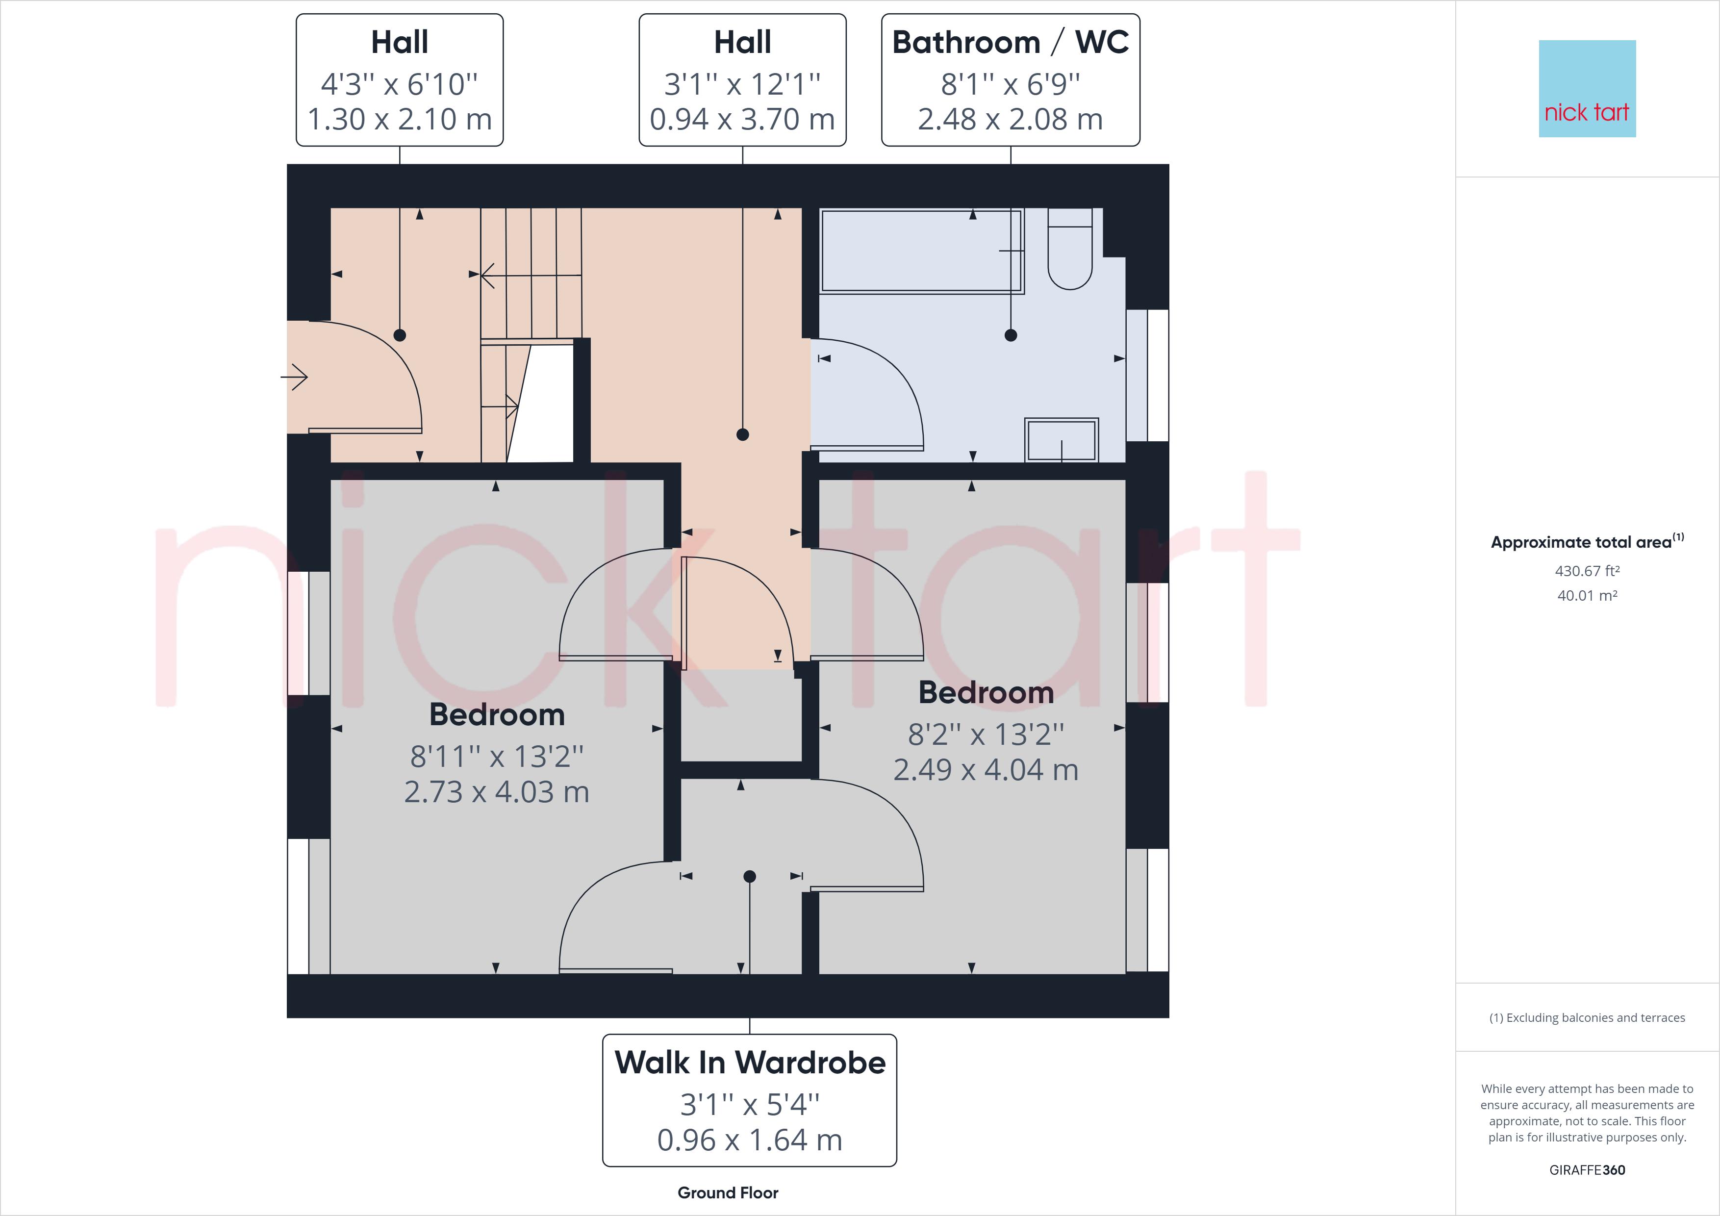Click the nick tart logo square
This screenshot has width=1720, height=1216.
[x=1587, y=88]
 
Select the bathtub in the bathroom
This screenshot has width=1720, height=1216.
[x=921, y=251]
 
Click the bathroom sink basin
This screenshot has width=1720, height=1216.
[x=1062, y=440]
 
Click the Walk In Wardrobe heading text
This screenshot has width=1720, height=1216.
[x=750, y=1063]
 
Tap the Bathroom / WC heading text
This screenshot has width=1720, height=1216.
[x=1010, y=43]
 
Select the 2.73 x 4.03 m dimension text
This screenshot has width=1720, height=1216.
[x=497, y=792]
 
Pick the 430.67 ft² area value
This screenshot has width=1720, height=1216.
[x=1587, y=571]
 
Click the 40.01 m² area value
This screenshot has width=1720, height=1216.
[x=1587, y=596]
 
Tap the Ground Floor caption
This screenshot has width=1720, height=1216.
[x=728, y=1193]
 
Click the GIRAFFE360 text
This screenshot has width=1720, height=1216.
[x=1587, y=1169]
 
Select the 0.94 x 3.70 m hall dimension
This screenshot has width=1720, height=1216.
[x=742, y=120]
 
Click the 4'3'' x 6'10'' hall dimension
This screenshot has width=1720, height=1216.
[x=399, y=84]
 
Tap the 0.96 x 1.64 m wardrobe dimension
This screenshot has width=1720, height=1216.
[x=750, y=1140]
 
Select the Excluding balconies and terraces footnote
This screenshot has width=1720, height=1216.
[x=1587, y=1017]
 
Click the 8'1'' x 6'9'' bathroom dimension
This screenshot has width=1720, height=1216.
[x=1010, y=84]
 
